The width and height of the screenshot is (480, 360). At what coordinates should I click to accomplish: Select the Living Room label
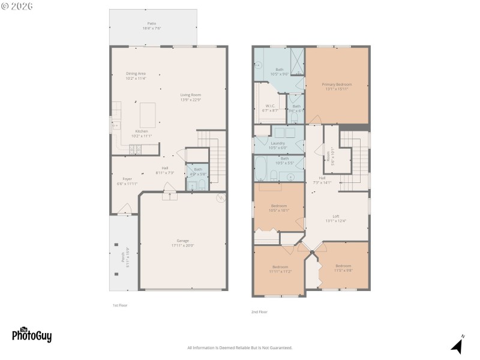pyautogui.click(x=191, y=97)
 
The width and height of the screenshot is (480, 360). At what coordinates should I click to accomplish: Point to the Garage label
pyautogui.click(x=182, y=242)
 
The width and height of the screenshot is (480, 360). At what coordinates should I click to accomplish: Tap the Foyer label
pyautogui.click(x=127, y=181)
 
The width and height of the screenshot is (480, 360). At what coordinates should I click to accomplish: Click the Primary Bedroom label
pyautogui.click(x=337, y=86)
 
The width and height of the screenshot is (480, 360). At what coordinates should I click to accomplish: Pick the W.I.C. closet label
pyautogui.click(x=270, y=108)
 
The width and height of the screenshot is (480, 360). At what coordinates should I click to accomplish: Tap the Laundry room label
pyautogui.click(x=279, y=145)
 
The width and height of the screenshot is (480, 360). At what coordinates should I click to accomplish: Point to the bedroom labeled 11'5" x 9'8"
pyautogui.click(x=343, y=268)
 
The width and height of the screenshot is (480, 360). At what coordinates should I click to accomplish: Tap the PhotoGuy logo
pyautogui.click(x=32, y=335)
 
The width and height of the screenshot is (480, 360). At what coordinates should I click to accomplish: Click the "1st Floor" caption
pyautogui.click(x=120, y=305)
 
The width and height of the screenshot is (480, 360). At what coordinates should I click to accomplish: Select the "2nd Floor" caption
pyautogui.click(x=259, y=312)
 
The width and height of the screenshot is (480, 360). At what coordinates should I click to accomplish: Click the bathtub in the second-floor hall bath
pyautogui.click(x=262, y=169)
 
